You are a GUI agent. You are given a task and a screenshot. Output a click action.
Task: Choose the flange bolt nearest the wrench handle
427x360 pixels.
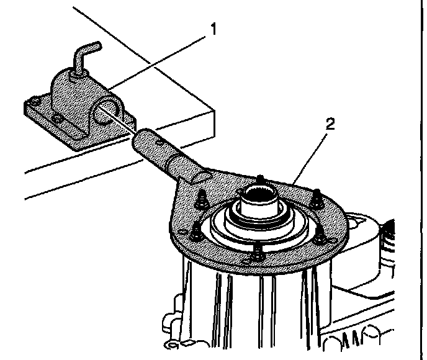(x=202, y=199)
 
